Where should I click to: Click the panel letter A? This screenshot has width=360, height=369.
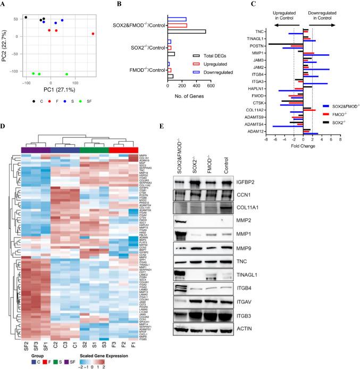4,4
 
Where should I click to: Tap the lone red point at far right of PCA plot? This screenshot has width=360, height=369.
93,34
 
